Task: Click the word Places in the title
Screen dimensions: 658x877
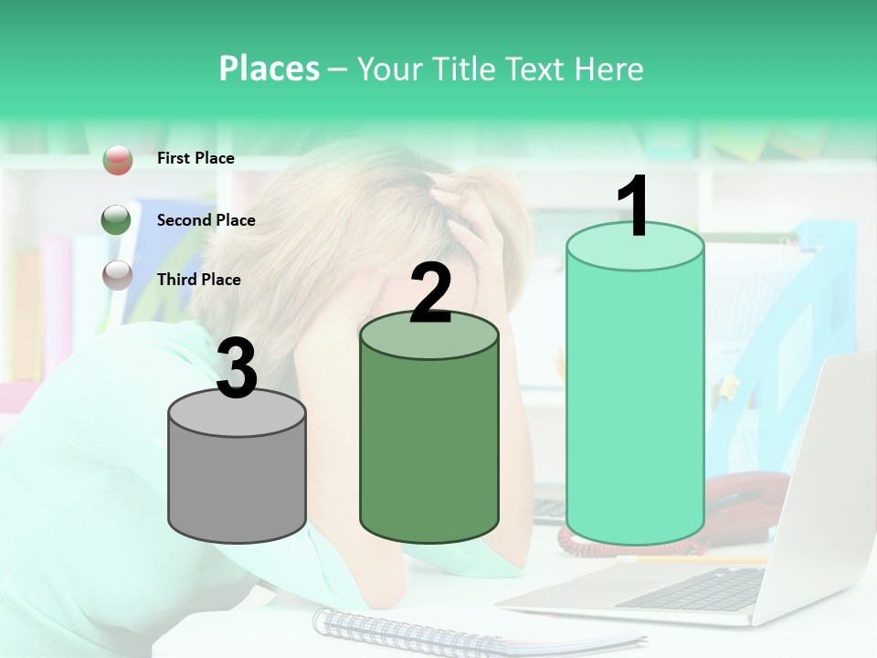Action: [269, 69]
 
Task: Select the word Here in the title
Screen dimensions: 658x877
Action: [609, 69]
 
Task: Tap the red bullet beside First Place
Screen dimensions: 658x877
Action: [118, 159]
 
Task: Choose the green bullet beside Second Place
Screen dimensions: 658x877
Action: [116, 220]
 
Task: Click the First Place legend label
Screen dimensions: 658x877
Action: [195, 158]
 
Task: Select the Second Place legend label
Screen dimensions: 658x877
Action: [206, 220]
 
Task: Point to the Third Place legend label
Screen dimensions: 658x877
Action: [198, 280]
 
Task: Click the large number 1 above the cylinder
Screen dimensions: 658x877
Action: [634, 207]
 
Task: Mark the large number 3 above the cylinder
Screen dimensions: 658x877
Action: [237, 368]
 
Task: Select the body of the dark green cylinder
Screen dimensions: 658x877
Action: [429, 439]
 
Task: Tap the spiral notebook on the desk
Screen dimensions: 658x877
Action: [411, 628]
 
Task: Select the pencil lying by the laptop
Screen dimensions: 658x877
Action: [694, 559]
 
